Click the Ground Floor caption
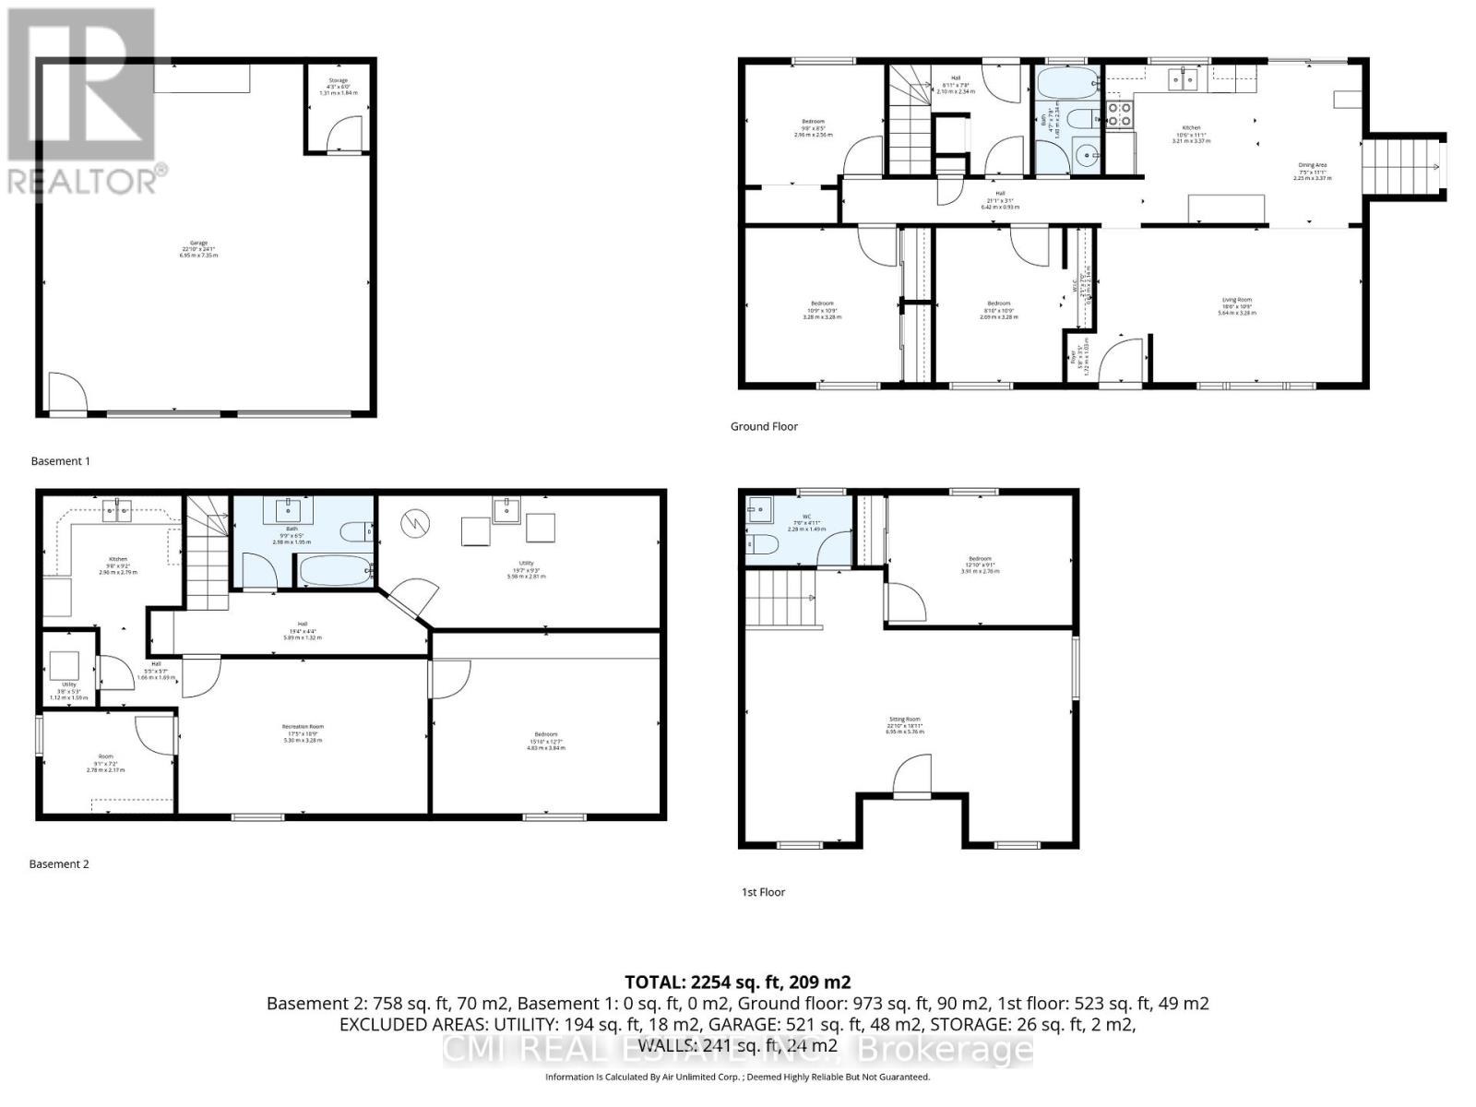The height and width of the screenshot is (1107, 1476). (764, 426)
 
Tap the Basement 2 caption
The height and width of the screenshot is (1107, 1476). (59, 864)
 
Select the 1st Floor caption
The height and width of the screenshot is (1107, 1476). (763, 892)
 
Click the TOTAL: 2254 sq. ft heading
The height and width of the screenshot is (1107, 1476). (737, 982)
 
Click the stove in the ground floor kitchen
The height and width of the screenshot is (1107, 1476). (1119, 114)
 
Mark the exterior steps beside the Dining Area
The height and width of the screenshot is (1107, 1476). (1402, 166)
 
